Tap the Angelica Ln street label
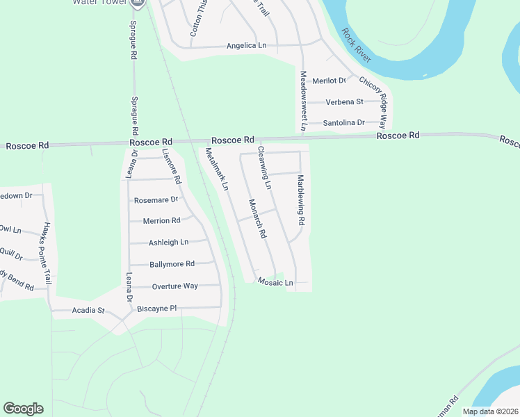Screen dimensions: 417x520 click(x=246, y=46)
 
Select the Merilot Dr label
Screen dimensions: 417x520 click(x=329, y=81)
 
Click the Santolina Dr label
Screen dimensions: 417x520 click(x=344, y=123)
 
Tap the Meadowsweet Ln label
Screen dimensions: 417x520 click(x=303, y=101)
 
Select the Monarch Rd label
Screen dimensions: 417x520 click(x=257, y=220)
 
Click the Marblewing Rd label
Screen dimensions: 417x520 click(x=301, y=199)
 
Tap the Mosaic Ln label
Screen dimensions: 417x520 click(x=275, y=282)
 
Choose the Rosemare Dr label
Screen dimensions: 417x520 click(x=156, y=199)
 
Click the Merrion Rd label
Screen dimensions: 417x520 click(x=161, y=220)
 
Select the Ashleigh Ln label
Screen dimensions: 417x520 click(x=168, y=243)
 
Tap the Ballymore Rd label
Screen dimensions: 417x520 click(x=172, y=264)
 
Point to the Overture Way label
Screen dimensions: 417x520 click(x=175, y=286)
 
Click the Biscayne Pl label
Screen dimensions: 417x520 click(x=158, y=308)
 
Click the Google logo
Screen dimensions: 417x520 click(x=24, y=409)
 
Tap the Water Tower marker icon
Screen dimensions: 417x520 click(x=138, y=3)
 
